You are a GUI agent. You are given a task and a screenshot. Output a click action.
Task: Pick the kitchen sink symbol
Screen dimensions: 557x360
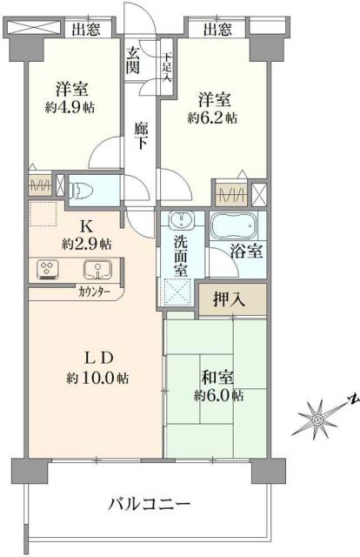click(96, 270)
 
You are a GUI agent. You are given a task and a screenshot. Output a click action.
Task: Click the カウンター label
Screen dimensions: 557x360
click(94, 291)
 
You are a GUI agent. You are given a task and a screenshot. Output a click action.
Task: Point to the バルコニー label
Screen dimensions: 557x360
click(150, 504)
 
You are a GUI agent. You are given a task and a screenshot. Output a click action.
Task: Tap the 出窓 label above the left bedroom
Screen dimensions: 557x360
click(86, 30)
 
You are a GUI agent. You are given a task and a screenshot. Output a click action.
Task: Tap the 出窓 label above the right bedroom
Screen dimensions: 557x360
click(218, 30)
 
